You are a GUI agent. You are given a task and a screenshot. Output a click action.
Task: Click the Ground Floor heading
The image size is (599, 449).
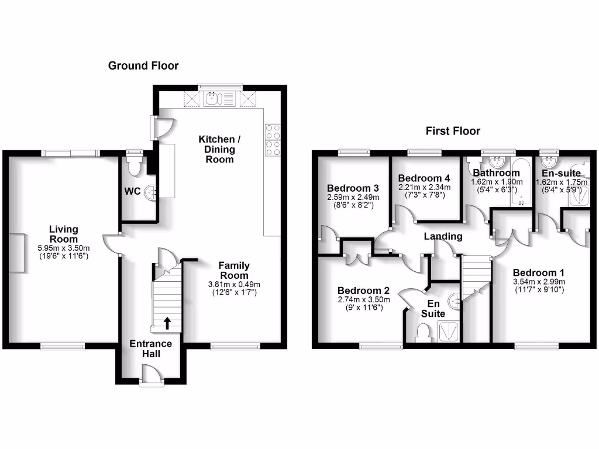(143, 65)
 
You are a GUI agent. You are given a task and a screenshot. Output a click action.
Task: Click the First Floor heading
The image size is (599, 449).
(453, 131)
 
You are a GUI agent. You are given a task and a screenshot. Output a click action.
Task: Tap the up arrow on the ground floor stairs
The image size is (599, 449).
(167, 322)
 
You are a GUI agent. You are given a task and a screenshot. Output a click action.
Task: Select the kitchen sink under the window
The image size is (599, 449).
(214, 99)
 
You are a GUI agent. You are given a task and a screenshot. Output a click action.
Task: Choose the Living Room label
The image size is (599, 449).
(63, 234)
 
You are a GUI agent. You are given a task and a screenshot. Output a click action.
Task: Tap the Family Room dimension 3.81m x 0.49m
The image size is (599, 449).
(234, 285)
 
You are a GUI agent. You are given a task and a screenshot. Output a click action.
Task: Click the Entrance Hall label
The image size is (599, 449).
(151, 349)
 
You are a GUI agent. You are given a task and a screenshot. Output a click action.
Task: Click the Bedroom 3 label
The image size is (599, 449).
(353, 188)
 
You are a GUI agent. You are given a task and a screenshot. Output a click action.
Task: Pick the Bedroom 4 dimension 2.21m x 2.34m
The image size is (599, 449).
(425, 187)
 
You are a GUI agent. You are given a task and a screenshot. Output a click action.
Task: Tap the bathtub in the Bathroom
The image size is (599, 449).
(521, 181)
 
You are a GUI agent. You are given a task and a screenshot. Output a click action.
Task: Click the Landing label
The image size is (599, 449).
(443, 236)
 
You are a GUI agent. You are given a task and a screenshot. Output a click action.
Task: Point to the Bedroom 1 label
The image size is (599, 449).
(538, 272)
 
